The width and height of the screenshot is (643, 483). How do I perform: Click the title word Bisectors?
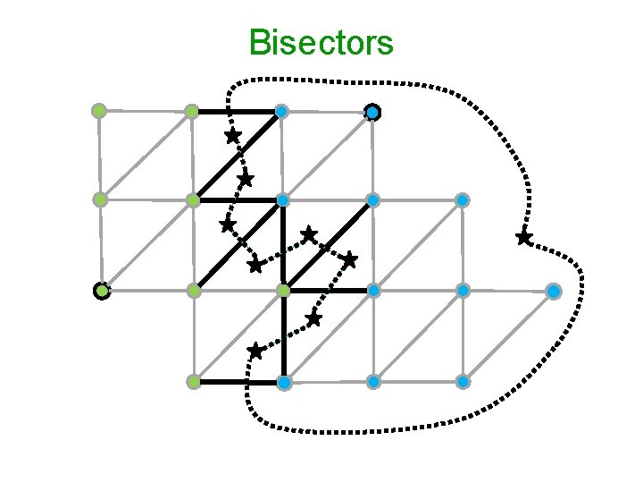tap(321, 42)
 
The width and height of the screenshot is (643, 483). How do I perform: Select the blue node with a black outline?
tap(372, 112)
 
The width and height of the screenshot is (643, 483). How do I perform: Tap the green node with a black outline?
tap(102, 291)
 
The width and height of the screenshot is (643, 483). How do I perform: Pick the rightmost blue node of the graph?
tap(554, 291)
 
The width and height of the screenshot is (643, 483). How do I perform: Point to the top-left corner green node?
tap(99, 111)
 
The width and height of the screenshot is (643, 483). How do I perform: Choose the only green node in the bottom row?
tap(193, 382)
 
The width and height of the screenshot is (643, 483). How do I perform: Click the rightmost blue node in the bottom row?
tap(463, 382)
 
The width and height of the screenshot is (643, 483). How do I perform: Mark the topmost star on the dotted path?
tap(232, 136)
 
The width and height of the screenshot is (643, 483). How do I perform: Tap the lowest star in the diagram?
tap(255, 351)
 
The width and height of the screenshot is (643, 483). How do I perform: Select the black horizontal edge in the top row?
tap(237, 112)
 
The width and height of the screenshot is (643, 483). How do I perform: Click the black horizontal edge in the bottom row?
tap(238, 382)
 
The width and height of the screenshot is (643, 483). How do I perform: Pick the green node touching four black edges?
tap(283, 291)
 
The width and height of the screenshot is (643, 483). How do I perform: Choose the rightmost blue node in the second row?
tap(463, 199)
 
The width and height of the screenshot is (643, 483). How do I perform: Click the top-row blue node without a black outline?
tap(281, 112)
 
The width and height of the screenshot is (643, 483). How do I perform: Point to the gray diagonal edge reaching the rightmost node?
tap(508, 336)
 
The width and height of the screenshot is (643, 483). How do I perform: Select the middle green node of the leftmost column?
tap(101, 199)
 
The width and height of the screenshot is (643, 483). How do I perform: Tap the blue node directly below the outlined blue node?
tap(372, 199)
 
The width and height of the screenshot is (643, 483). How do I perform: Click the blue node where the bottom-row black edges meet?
tap(283, 382)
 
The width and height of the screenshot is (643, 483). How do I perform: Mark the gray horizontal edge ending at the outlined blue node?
tap(327, 112)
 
